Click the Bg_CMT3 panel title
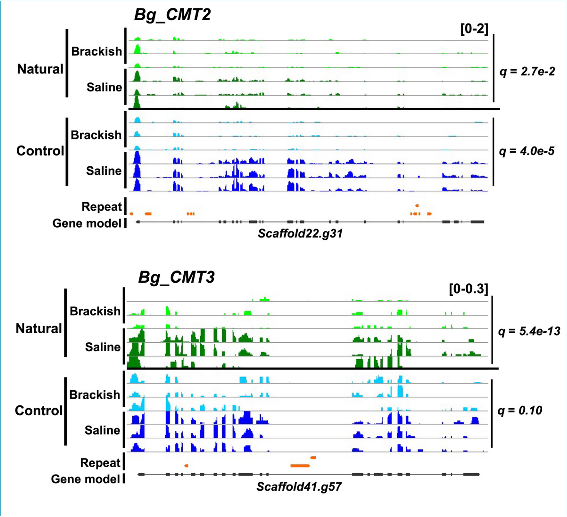coord(176,277)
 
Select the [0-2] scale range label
coord(474,29)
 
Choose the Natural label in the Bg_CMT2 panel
coord(40,69)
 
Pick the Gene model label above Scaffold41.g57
coord(86,479)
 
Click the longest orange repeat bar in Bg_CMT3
coord(300,466)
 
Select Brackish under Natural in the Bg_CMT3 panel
coord(95,311)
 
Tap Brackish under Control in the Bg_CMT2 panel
coord(96,135)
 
